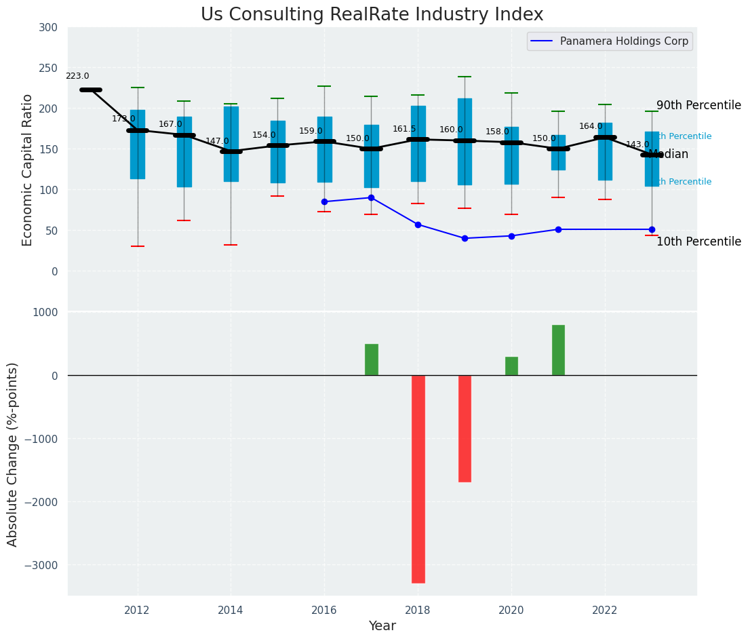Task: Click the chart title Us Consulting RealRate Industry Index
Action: click(372, 15)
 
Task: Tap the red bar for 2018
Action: click(418, 479)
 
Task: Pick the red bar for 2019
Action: click(465, 428)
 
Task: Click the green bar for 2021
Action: click(558, 350)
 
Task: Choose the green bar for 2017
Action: click(372, 360)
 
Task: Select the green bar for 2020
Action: click(511, 366)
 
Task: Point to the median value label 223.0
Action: click(77, 77)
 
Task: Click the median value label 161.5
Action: click(404, 129)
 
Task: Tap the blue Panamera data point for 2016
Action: click(324, 201)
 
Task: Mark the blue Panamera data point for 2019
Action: click(465, 238)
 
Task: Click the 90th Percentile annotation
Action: click(698, 106)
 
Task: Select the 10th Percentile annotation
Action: click(698, 242)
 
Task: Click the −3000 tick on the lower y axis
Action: click(42, 565)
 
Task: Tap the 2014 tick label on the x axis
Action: click(231, 611)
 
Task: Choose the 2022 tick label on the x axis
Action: click(605, 611)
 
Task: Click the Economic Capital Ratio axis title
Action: click(28, 170)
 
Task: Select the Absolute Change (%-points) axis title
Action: click(13, 454)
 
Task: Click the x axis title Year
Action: click(382, 626)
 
